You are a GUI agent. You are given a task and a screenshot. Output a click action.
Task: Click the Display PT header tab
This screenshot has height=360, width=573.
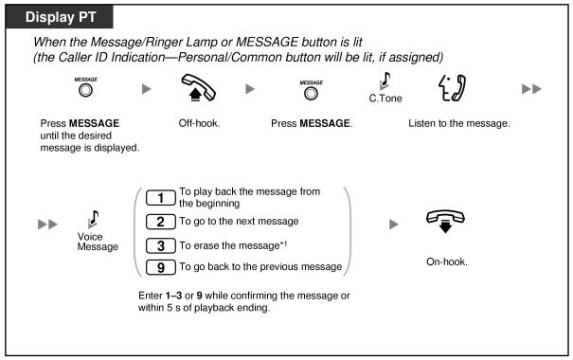pos(60,17)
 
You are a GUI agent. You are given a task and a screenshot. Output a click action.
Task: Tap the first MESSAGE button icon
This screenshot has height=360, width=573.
pos(85,90)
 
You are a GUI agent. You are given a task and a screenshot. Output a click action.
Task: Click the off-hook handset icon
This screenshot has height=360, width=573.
pos(199,88)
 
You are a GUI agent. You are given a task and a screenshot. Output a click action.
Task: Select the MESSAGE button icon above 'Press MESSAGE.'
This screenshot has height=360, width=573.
pos(311,94)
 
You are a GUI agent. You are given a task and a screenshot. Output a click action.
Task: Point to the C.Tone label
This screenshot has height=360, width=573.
pos(385,99)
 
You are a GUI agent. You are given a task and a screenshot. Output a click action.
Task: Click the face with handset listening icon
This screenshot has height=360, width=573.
pos(453,88)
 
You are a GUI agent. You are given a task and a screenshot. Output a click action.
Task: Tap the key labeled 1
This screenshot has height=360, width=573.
pos(160,198)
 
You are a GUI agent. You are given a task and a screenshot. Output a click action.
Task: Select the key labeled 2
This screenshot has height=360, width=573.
pos(160,222)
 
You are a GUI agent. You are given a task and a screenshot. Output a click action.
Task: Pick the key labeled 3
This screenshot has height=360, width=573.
pos(160,245)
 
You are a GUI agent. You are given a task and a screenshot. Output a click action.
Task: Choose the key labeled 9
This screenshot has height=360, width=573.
pos(160,267)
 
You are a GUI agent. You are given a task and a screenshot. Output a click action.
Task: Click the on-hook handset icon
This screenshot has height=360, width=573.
pos(445,221)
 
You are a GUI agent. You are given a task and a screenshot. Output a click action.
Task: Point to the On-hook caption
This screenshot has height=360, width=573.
pos(446,261)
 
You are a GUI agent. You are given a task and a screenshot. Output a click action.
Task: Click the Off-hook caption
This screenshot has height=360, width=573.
pos(199,123)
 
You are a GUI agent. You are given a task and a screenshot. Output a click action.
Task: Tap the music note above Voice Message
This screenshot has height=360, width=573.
pos(93,219)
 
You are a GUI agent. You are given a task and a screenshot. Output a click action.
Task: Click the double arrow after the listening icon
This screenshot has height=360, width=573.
pos(531,89)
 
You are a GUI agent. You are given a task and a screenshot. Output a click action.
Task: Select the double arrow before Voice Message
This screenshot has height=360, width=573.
pos(48,224)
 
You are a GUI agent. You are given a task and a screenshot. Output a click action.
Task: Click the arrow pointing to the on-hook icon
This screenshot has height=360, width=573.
pos(394,224)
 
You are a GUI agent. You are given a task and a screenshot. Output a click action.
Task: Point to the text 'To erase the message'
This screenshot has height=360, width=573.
pos(229,245)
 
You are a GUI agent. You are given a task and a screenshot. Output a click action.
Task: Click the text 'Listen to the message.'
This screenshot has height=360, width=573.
pos(459,123)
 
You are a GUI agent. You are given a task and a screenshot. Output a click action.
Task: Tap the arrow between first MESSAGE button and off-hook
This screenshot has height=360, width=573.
pos(147,89)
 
